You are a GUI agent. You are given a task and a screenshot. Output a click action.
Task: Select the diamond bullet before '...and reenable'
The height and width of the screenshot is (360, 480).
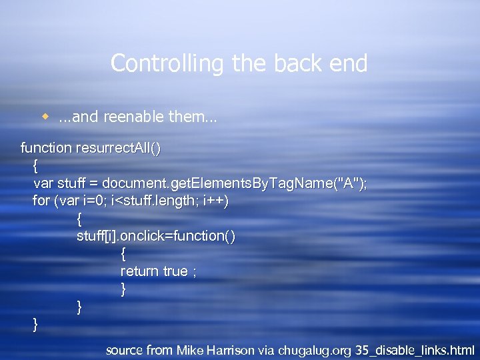coord(46,117)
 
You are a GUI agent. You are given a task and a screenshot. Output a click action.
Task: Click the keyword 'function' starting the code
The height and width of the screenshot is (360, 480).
coord(46,147)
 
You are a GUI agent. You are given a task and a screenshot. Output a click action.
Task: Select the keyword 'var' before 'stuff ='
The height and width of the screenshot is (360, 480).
coord(43,183)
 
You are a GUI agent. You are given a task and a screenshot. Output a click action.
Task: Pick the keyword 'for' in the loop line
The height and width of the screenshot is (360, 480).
coord(41,200)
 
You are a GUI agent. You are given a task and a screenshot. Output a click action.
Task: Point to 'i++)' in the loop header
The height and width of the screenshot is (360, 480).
coord(216,200)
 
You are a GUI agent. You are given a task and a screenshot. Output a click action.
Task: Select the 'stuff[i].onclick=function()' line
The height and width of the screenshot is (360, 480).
coord(156,235)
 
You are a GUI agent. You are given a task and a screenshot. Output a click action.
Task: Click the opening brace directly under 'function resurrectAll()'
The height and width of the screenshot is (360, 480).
coord(35,165)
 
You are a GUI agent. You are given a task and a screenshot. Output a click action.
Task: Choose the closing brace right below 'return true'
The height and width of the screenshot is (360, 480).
coord(123,289)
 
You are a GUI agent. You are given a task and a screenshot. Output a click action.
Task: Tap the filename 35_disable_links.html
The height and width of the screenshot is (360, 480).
coord(415,349)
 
